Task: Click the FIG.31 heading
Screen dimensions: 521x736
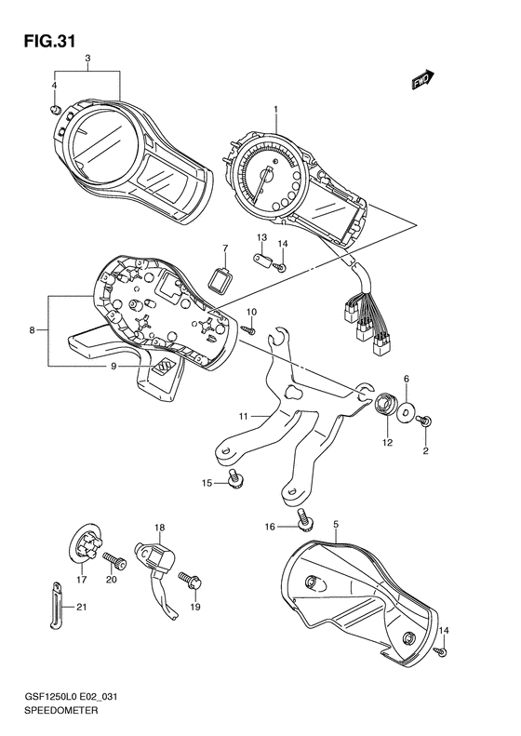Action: tap(49, 41)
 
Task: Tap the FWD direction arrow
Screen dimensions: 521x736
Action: tap(423, 79)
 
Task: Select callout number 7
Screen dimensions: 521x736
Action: tap(225, 248)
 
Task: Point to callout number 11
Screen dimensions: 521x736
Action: tap(243, 416)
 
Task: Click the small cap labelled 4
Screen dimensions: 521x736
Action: tap(56, 111)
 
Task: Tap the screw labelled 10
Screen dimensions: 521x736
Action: tap(248, 330)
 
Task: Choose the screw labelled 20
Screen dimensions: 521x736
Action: tap(115, 560)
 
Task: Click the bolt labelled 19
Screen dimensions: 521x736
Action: tap(190, 581)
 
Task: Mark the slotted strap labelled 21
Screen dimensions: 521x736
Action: tap(57, 605)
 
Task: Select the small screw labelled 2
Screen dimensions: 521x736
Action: tap(425, 422)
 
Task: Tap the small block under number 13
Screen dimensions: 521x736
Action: tap(265, 260)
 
